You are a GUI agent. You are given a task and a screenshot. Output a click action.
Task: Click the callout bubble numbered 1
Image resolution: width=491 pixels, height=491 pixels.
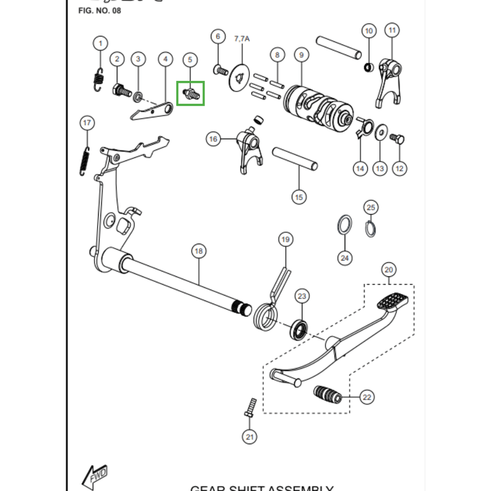(99, 44)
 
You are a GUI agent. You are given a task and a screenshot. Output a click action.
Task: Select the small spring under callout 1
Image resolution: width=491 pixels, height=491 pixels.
(97, 80)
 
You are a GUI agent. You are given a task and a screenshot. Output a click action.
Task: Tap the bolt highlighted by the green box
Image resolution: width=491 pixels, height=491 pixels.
(190, 94)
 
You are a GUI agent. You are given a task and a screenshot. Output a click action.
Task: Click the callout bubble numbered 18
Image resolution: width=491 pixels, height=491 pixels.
(198, 251)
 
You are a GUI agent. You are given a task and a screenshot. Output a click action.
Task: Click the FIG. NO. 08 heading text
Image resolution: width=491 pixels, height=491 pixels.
(100, 11)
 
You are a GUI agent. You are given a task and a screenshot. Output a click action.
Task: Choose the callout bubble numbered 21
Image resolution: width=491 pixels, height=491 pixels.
(249, 437)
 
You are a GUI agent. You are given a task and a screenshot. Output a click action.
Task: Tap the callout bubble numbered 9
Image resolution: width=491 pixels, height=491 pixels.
(301, 55)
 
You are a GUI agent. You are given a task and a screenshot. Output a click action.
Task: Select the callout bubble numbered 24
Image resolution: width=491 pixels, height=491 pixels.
(345, 258)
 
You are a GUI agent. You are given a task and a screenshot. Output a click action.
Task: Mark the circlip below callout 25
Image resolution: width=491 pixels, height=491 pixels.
(371, 228)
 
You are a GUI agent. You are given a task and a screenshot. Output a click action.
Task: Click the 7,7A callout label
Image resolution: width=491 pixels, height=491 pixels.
(242, 38)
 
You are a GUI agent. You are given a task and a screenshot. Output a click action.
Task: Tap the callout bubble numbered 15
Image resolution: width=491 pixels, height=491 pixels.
(299, 197)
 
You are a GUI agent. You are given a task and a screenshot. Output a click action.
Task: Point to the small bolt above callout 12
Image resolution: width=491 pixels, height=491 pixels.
(396, 139)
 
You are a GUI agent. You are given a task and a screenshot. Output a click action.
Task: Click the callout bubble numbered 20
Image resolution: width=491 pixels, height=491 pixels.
(389, 269)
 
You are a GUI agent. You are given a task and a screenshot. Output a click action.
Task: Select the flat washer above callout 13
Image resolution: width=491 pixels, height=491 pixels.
(381, 131)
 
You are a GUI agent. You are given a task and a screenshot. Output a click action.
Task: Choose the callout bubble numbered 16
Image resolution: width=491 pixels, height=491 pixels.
(213, 139)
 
